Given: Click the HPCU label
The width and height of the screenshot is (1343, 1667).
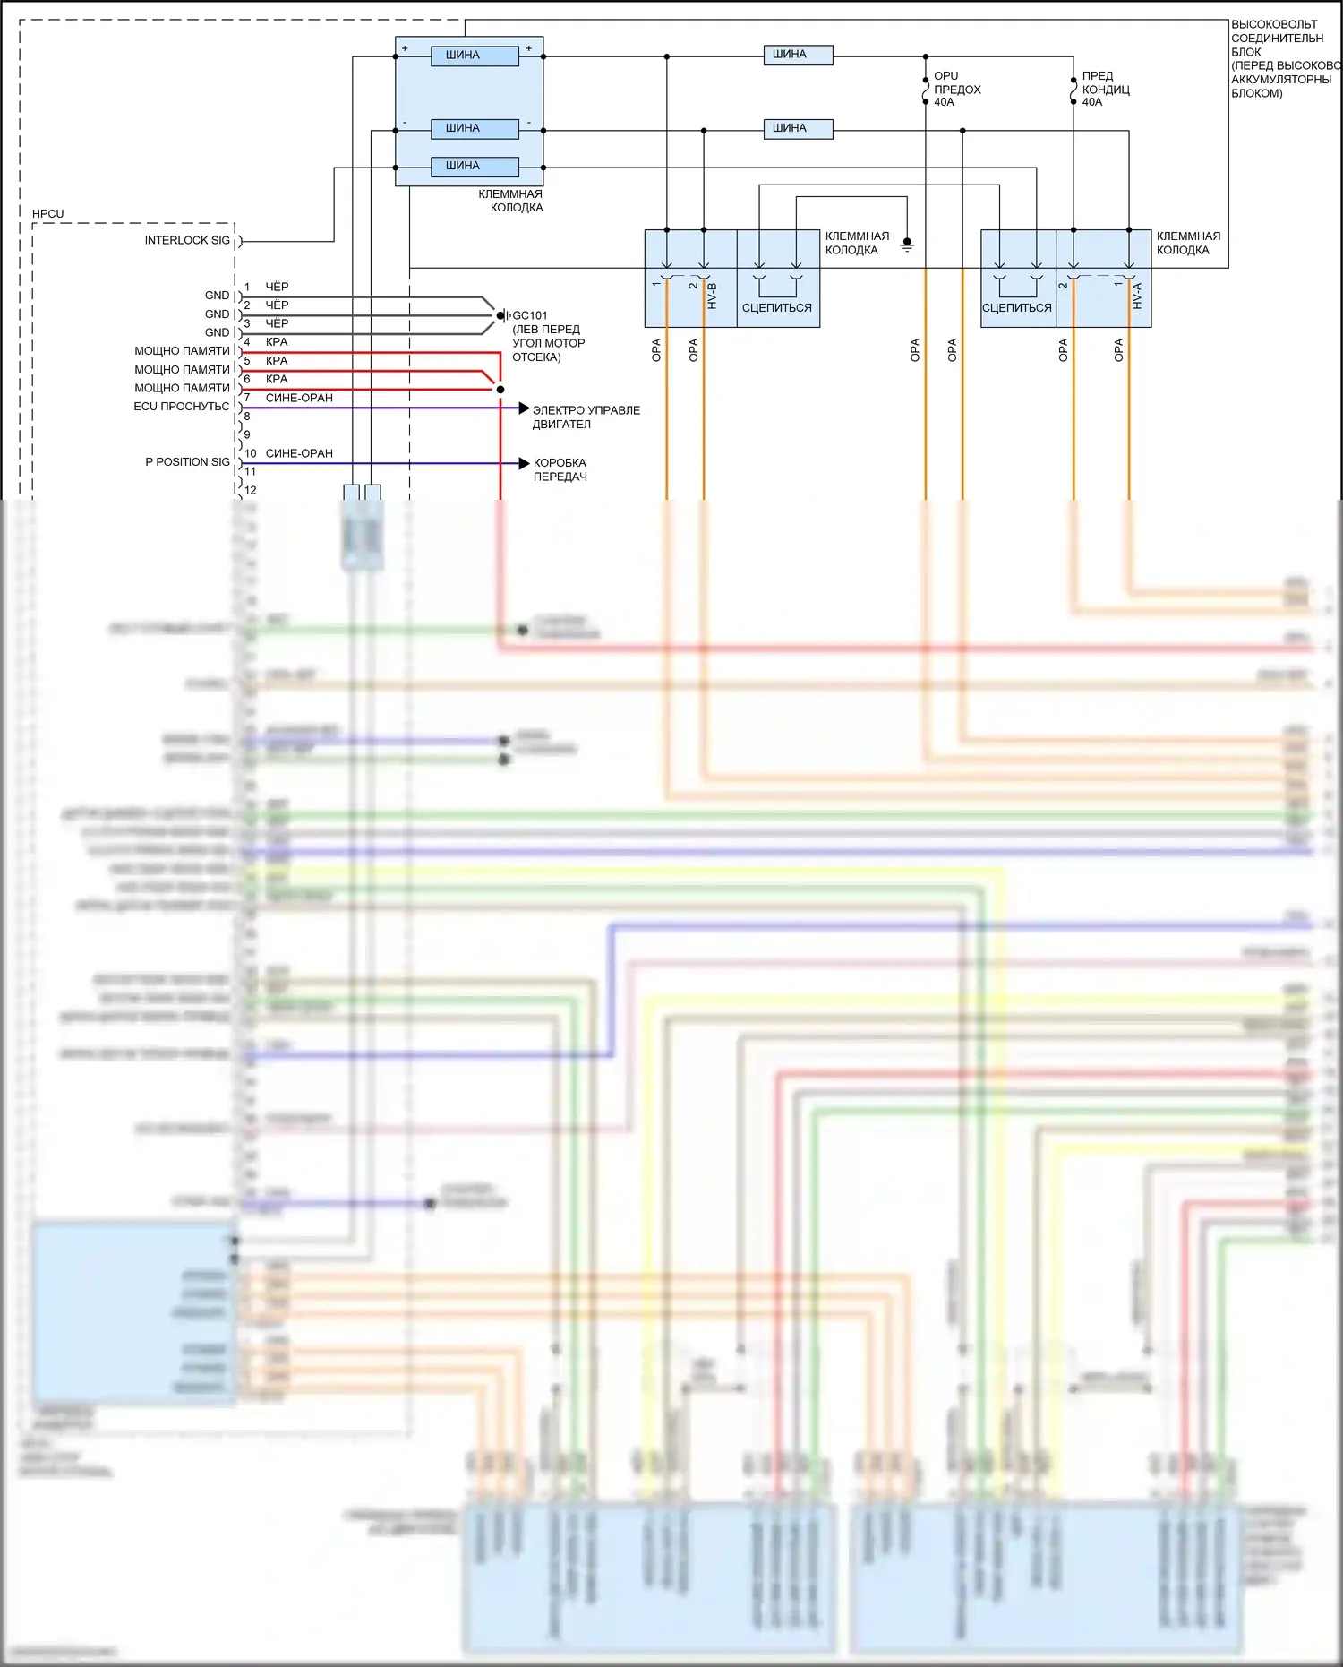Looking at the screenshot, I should (47, 214).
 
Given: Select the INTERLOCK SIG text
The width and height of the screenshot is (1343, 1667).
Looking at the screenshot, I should (187, 240).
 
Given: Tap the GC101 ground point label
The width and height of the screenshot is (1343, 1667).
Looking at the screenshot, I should (529, 315).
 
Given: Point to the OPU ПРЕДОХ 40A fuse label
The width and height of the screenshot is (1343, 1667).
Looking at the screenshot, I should (956, 89).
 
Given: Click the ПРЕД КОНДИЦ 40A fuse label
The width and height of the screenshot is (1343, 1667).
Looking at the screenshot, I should (1105, 89).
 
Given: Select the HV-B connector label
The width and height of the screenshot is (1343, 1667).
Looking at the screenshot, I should (713, 296).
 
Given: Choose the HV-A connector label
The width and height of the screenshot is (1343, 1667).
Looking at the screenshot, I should (1137, 296).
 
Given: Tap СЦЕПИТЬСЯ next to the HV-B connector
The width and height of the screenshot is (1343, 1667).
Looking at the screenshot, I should (776, 307).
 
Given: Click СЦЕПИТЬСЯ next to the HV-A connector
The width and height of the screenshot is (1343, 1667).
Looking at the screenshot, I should (1016, 307).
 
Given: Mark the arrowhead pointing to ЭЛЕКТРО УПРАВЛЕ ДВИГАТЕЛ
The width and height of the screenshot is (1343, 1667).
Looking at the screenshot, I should (524, 408).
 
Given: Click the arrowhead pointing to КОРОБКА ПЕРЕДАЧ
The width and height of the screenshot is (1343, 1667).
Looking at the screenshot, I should (524, 463).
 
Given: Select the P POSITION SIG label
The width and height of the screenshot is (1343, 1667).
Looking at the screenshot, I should (187, 462).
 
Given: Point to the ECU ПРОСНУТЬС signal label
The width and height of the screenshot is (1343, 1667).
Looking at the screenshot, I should (182, 407).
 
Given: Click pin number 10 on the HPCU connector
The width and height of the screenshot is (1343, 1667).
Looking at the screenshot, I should (251, 453).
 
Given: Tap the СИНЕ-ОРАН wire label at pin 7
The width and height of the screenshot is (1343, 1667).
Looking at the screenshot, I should (299, 398).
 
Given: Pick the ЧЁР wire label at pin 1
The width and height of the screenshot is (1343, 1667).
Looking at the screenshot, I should (277, 287).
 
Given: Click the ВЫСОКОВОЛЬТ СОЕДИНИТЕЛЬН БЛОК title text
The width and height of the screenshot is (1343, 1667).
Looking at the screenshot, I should (1277, 39).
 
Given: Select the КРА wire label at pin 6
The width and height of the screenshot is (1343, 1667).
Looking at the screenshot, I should (277, 379).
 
